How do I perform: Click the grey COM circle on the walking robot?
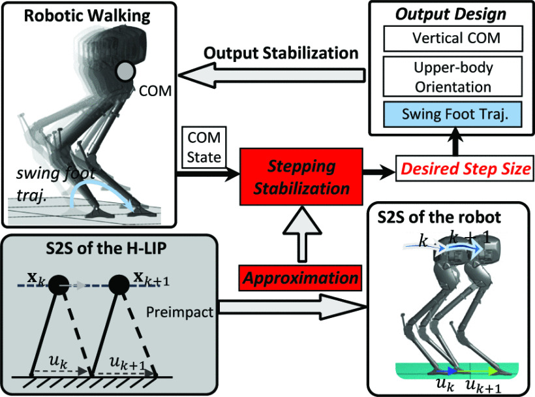[125, 70]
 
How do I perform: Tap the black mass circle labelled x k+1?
[121, 285]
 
